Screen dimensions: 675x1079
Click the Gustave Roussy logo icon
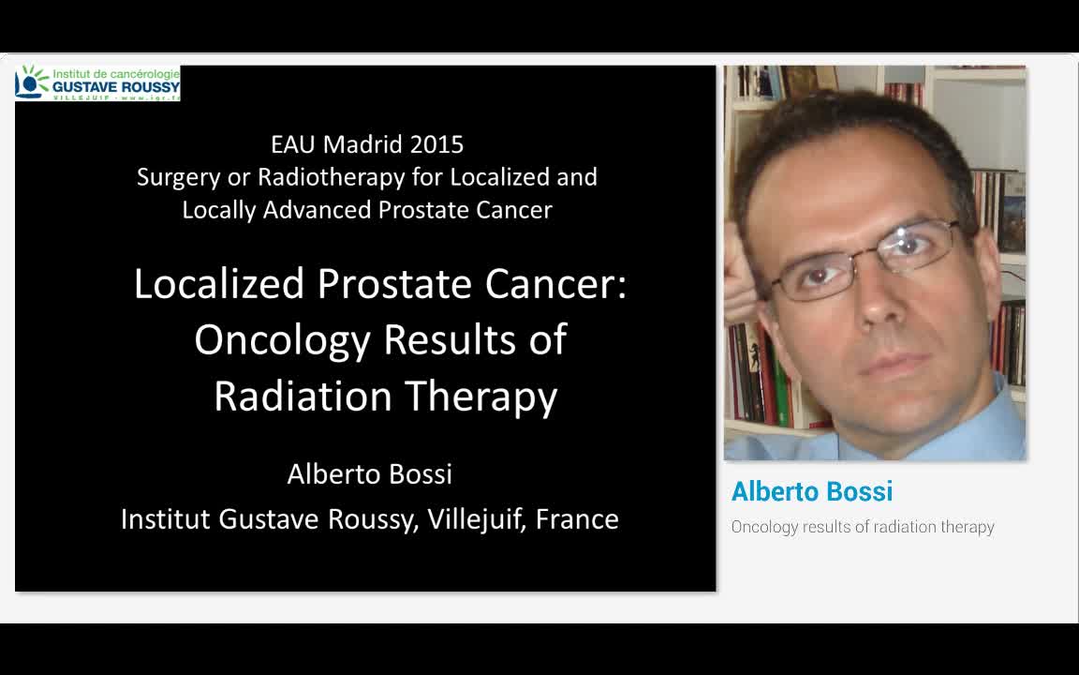click(x=33, y=82)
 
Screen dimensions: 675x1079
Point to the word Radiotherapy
click(x=351, y=177)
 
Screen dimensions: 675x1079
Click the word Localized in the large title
click(x=219, y=284)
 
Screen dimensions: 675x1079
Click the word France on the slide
click(x=577, y=518)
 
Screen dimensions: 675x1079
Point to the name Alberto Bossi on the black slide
click(x=369, y=474)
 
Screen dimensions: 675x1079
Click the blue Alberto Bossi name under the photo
click(x=811, y=492)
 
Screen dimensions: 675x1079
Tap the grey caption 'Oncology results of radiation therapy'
click(x=862, y=527)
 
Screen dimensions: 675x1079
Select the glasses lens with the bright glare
click(x=912, y=246)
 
